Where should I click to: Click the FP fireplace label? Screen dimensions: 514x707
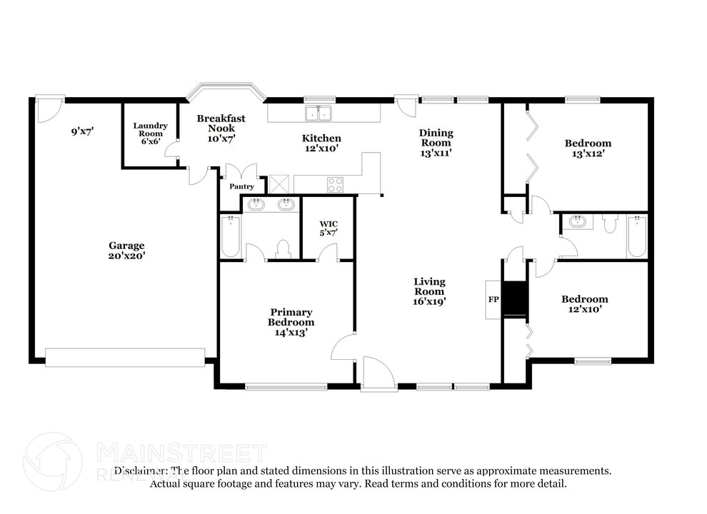[x=493, y=298]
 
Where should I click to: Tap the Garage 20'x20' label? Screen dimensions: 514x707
[x=126, y=250]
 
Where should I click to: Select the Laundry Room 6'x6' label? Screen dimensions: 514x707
[x=150, y=133]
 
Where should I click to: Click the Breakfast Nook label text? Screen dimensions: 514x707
[x=221, y=123]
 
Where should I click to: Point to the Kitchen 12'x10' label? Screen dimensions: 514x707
[x=321, y=143]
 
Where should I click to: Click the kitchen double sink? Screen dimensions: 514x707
[x=319, y=113]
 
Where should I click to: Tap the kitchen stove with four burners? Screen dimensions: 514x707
[x=335, y=184]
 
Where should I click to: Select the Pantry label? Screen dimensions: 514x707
[x=241, y=186]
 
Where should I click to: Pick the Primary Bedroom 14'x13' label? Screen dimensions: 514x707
[x=291, y=322]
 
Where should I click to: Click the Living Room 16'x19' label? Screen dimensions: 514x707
[x=429, y=291]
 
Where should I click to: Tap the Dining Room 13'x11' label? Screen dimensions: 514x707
[x=436, y=142]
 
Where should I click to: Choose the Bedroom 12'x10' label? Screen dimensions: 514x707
[x=584, y=304]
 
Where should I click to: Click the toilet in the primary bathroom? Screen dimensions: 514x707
[x=283, y=248]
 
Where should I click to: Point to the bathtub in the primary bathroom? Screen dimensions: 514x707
[x=230, y=236]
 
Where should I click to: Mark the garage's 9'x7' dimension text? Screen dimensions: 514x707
[x=83, y=131]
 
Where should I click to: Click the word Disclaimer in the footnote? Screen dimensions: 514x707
[x=141, y=471]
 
